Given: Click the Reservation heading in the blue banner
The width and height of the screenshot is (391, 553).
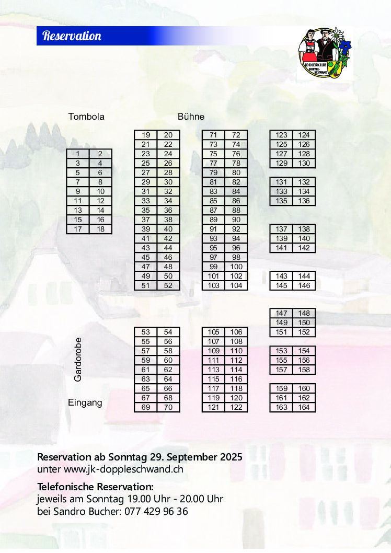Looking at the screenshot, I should [x=72, y=36].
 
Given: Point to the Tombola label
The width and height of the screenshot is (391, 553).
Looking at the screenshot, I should [x=86, y=117].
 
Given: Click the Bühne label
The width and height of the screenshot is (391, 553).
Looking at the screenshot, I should [x=191, y=117].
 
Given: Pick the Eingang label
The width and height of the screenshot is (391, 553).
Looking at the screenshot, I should [x=85, y=402].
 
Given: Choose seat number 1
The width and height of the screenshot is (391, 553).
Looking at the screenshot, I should [x=78, y=154].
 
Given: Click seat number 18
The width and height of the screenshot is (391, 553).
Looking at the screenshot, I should [x=101, y=229].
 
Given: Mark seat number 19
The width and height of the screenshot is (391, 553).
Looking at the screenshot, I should [x=146, y=135].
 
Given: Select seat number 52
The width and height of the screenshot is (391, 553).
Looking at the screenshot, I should [x=168, y=285].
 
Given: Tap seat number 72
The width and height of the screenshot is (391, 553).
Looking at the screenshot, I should [x=236, y=135].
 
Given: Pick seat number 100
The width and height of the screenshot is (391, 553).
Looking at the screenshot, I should [x=236, y=267].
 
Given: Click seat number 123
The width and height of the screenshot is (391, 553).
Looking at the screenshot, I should [x=281, y=135].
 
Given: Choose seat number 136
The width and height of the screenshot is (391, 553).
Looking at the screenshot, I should [x=304, y=201].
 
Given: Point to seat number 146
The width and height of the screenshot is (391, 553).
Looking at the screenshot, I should [x=304, y=285].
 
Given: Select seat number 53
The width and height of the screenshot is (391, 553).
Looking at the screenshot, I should [x=146, y=332].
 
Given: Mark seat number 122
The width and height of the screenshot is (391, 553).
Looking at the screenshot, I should [x=236, y=407].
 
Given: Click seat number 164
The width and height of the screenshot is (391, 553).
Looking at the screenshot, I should [x=304, y=407].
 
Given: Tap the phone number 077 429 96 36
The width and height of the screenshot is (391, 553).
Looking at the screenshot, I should [x=156, y=511].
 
